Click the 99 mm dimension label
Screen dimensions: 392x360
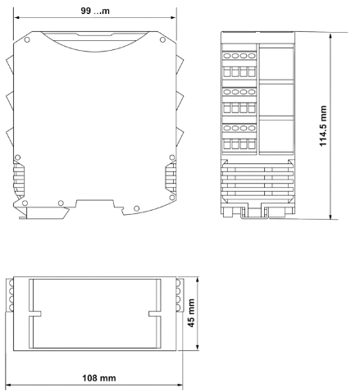coord(96,11)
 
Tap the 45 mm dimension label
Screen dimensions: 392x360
coord(193,315)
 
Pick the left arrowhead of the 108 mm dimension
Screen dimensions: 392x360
coord(7,384)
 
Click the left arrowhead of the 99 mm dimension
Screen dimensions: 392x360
coord(15,17)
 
